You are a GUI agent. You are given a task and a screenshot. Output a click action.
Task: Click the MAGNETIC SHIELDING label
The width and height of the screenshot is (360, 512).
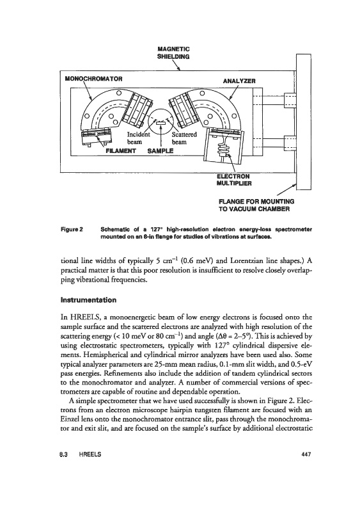(x=173, y=53)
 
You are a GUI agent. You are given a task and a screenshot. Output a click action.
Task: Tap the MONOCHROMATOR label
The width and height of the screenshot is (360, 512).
(x=93, y=79)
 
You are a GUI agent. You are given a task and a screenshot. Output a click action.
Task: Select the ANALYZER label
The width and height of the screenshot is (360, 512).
(x=239, y=81)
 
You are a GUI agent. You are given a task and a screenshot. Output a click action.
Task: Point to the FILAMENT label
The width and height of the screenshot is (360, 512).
(x=121, y=151)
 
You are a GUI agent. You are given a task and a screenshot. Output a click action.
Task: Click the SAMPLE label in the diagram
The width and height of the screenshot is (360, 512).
(x=160, y=151)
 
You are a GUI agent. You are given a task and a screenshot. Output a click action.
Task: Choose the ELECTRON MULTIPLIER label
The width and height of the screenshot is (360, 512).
(x=234, y=180)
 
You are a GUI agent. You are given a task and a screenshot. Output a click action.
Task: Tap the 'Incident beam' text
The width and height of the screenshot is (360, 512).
(x=138, y=138)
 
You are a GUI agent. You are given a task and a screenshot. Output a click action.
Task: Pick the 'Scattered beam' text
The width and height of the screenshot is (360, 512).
(x=184, y=138)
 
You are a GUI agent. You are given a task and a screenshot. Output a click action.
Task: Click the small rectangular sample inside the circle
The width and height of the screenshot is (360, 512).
(x=160, y=123)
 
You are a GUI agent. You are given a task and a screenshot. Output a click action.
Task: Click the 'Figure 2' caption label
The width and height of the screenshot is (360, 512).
(x=72, y=230)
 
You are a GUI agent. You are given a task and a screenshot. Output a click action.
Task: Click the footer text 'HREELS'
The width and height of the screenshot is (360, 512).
(x=90, y=454)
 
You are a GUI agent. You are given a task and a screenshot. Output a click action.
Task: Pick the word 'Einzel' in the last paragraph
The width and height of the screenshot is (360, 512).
(x=70, y=419)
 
